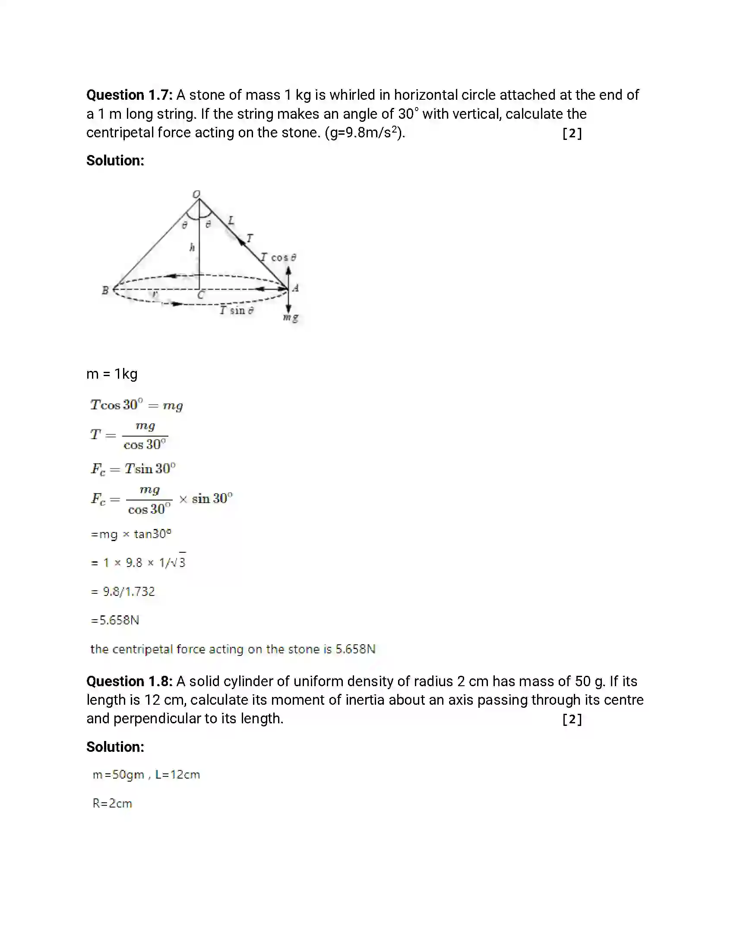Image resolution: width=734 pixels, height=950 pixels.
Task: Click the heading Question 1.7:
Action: pyautogui.click(x=129, y=95)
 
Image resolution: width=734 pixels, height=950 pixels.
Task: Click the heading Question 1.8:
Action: pyautogui.click(x=129, y=681)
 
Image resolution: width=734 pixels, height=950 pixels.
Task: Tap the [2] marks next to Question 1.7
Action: pyautogui.click(x=572, y=133)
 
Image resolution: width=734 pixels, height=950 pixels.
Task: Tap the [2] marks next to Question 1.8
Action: pyautogui.click(x=572, y=719)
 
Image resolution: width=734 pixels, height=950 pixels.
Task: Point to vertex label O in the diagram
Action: pyautogui.click(x=196, y=193)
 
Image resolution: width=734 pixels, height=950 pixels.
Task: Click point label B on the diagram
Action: pyautogui.click(x=105, y=290)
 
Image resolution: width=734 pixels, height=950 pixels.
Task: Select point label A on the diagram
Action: pyautogui.click(x=296, y=288)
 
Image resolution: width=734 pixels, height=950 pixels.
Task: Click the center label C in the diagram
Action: pyautogui.click(x=200, y=295)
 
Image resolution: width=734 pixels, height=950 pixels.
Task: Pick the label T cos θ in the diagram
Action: pyautogui.click(x=279, y=257)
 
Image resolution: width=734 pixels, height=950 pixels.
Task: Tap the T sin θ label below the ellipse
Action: pyautogui.click(x=237, y=310)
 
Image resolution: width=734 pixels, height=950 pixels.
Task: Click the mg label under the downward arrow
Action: pyautogui.click(x=291, y=317)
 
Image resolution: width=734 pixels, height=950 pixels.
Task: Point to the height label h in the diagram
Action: pyautogui.click(x=192, y=247)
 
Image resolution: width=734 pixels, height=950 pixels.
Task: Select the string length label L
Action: pyautogui.click(x=231, y=220)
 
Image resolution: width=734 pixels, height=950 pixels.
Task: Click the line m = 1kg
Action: pyautogui.click(x=112, y=374)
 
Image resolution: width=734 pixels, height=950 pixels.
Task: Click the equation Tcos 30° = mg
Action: pyautogui.click(x=136, y=405)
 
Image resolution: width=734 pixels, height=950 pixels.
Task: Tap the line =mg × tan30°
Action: pyautogui.click(x=131, y=534)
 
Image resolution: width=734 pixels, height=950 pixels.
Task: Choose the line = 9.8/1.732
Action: pyautogui.click(x=123, y=592)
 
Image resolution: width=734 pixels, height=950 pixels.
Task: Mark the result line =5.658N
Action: pyautogui.click(x=115, y=620)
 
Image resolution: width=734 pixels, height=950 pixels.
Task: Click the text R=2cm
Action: pyautogui.click(x=112, y=804)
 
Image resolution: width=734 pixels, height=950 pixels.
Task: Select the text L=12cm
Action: pyautogui.click(x=177, y=775)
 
